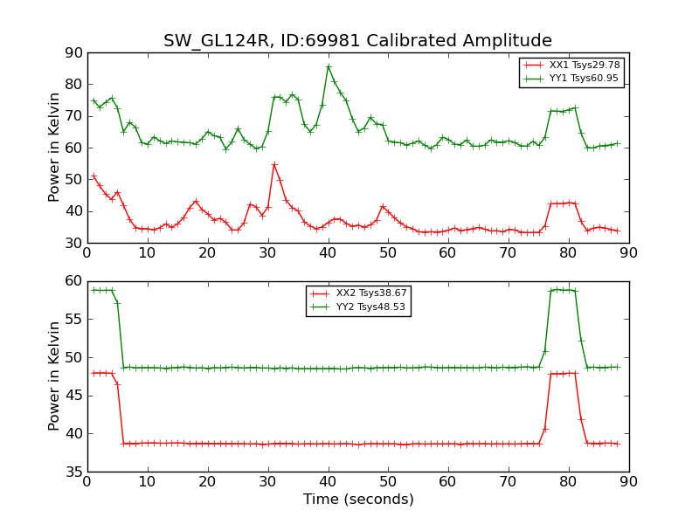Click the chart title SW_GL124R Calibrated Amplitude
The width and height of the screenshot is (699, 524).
[x=357, y=41]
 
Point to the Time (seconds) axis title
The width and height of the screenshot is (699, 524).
[x=358, y=500]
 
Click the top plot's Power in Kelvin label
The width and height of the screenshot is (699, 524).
[x=54, y=148]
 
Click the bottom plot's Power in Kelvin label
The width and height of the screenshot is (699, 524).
[x=54, y=376]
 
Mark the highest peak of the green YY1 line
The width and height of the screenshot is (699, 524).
[x=329, y=66]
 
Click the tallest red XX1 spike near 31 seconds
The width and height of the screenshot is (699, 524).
[x=274, y=164]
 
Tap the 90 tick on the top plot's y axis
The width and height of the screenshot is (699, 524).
[x=73, y=53]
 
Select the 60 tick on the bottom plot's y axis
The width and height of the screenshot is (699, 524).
[x=73, y=281]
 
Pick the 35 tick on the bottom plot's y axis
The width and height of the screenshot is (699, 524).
[x=73, y=472]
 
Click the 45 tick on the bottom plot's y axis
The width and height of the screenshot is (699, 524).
[x=73, y=396]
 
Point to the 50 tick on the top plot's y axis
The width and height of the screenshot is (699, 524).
[x=73, y=180]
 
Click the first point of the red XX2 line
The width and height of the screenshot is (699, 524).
[x=93, y=373]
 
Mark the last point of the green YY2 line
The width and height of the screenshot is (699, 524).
[x=618, y=367]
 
